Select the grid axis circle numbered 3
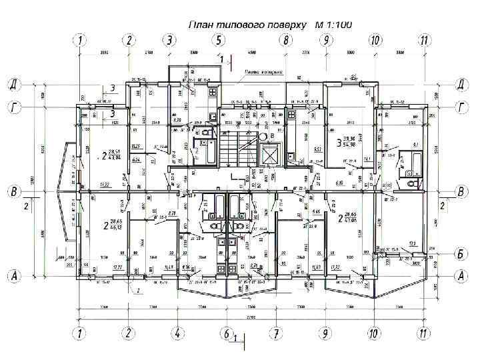(x=171, y=40)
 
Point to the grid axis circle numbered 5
(x=218, y=40)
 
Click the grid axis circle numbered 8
(x=285, y=40)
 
